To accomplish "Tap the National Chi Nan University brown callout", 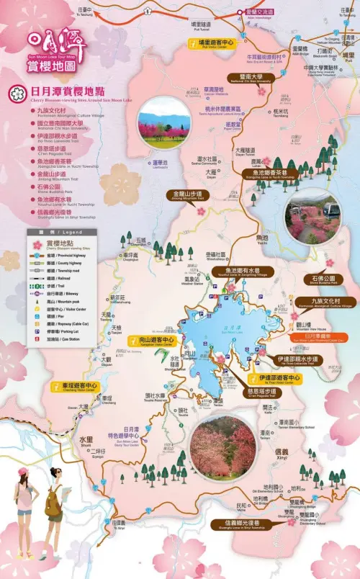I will coord(246,77).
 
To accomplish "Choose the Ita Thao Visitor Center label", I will coord(273,378).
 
